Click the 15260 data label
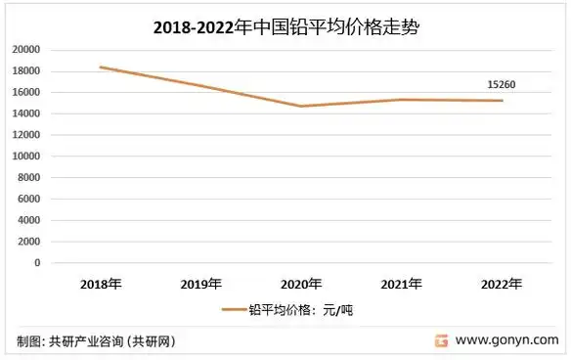pyautogui.click(x=501, y=84)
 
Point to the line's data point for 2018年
pyautogui.click(x=102, y=67)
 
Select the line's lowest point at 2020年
pyautogui.click(x=301, y=106)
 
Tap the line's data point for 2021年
pyautogui.click(x=401, y=100)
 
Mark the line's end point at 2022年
pyautogui.click(x=501, y=101)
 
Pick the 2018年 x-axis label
pyautogui.click(x=102, y=284)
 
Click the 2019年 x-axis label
pyautogui.click(x=201, y=284)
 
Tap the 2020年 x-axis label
pyautogui.click(x=301, y=284)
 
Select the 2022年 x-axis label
pyautogui.click(x=501, y=284)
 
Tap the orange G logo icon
pyautogui.click(x=442, y=341)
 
